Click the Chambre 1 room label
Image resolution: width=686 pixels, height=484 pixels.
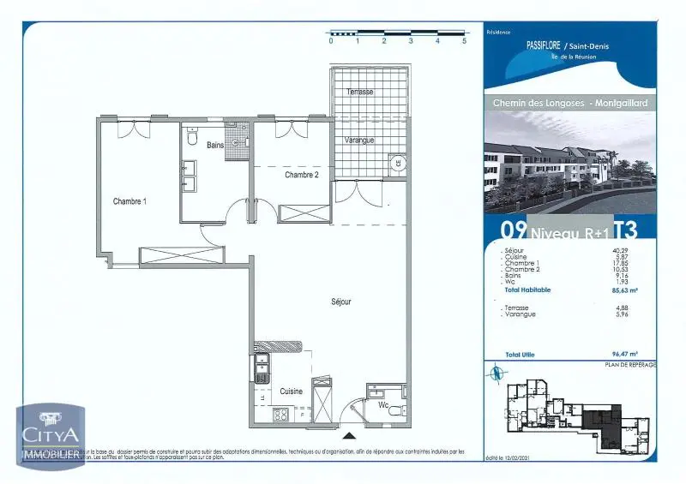tap(130, 201)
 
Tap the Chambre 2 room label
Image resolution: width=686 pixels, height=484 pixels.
tap(302, 175)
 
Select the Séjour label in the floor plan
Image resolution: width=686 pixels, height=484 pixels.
tap(341, 302)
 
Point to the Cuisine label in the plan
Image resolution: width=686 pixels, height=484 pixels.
tap(292, 391)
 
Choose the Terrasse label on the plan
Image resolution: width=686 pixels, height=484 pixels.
tap(359, 91)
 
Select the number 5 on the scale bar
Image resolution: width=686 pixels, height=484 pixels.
tap(464, 40)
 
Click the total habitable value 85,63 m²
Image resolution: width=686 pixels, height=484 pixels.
tap(622, 290)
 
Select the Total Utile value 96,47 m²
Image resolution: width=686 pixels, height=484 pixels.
tap(622, 353)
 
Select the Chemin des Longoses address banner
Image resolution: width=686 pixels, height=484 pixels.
tap(570, 103)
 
